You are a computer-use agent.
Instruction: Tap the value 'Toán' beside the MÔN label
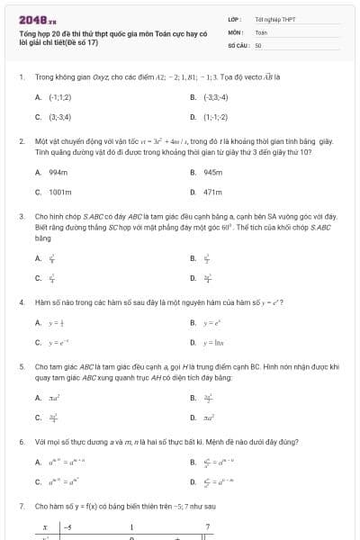[x=261, y=31]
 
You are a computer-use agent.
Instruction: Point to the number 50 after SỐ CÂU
[x=258, y=44]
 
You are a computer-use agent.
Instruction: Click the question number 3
[x=21, y=217]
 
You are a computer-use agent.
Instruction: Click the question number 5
[x=21, y=367]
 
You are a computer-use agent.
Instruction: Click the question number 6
[x=21, y=443]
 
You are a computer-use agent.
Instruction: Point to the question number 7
[x=21, y=507]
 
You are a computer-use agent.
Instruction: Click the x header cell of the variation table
[x=44, y=526]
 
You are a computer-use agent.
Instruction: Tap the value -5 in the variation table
[x=67, y=526]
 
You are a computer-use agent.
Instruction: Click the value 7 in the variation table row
[x=208, y=526]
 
